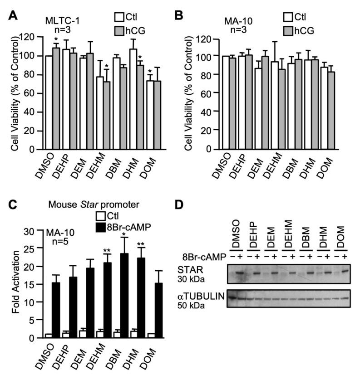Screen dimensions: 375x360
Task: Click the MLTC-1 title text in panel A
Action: coord(61,21)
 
